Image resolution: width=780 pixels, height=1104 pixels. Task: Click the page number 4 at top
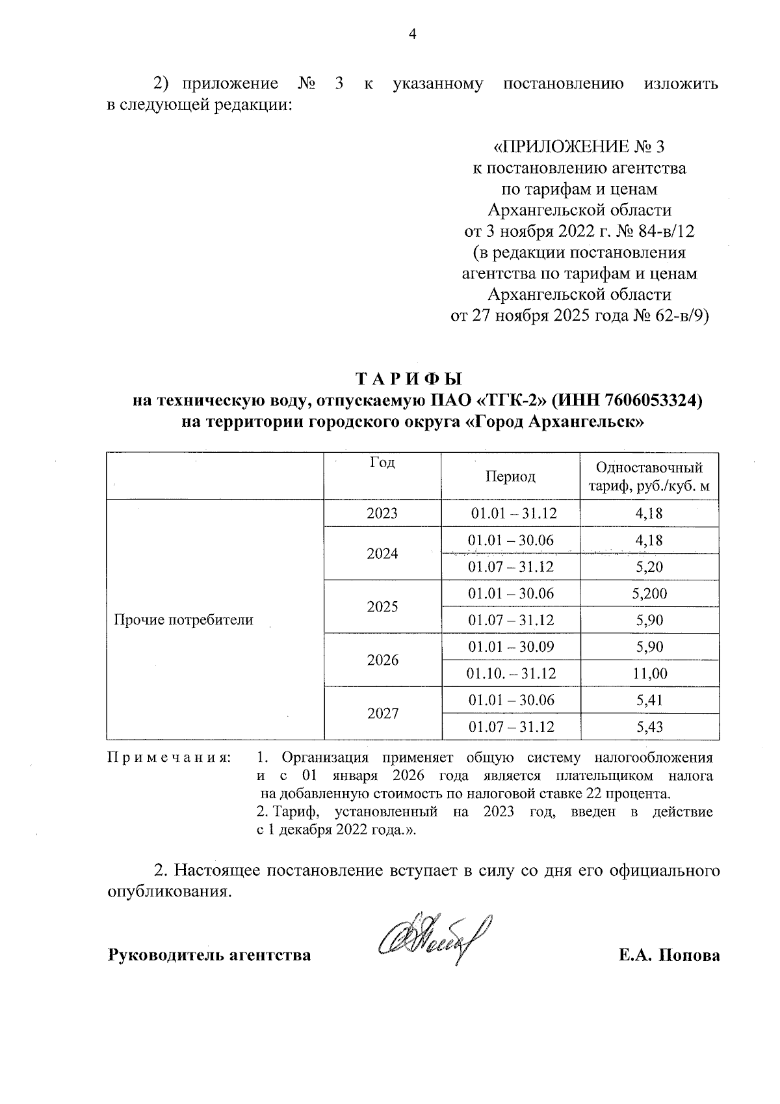click(x=411, y=34)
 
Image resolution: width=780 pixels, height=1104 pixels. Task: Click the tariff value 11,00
click(x=649, y=673)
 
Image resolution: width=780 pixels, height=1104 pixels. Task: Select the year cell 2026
click(x=382, y=660)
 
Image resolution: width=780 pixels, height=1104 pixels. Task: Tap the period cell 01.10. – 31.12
click(x=511, y=673)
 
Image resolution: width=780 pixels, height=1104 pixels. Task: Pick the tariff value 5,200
click(x=649, y=593)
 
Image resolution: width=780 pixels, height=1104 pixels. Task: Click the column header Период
click(x=510, y=476)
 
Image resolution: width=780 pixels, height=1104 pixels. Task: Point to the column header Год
click(x=382, y=463)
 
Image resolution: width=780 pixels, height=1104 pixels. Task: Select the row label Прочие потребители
click(x=183, y=620)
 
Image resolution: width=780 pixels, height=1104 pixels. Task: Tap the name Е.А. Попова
click(x=669, y=956)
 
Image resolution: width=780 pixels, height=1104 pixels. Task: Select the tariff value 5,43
click(x=649, y=727)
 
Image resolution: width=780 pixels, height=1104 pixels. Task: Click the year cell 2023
click(x=382, y=513)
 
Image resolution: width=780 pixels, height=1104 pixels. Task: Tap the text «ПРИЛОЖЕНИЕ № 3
click(x=579, y=147)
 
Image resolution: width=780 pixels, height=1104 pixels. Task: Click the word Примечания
click(x=169, y=759)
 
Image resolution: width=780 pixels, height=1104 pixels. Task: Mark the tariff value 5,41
click(x=649, y=701)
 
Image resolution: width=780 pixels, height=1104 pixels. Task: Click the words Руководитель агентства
click(x=209, y=956)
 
